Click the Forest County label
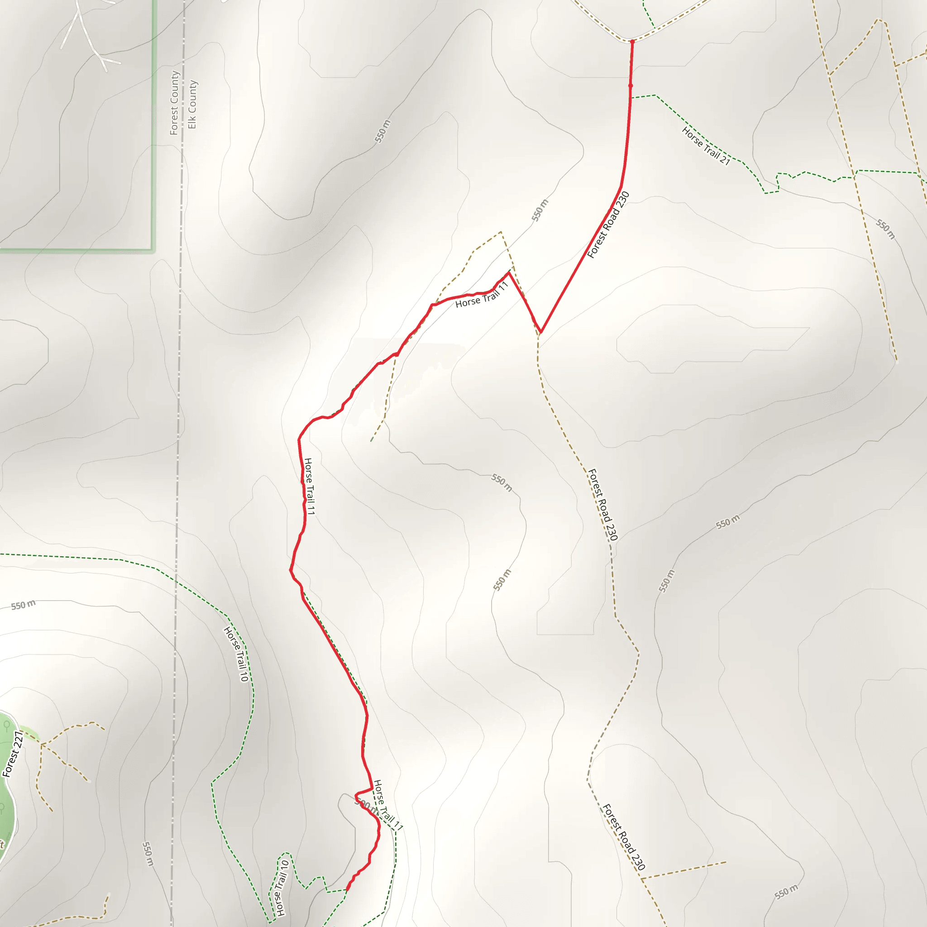175,103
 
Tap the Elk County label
192,104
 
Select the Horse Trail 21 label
706,146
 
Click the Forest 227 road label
13,754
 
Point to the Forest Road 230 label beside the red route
608,225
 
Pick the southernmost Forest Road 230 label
624,837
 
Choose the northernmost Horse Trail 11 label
481,296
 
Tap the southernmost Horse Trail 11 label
388,805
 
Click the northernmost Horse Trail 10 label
237,654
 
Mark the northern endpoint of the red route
632,42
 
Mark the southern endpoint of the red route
347,890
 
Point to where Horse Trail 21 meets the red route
631,97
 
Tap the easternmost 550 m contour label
885,229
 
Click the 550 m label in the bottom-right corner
786,891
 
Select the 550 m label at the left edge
23,605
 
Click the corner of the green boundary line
153,250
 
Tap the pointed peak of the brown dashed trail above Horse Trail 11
501,232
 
